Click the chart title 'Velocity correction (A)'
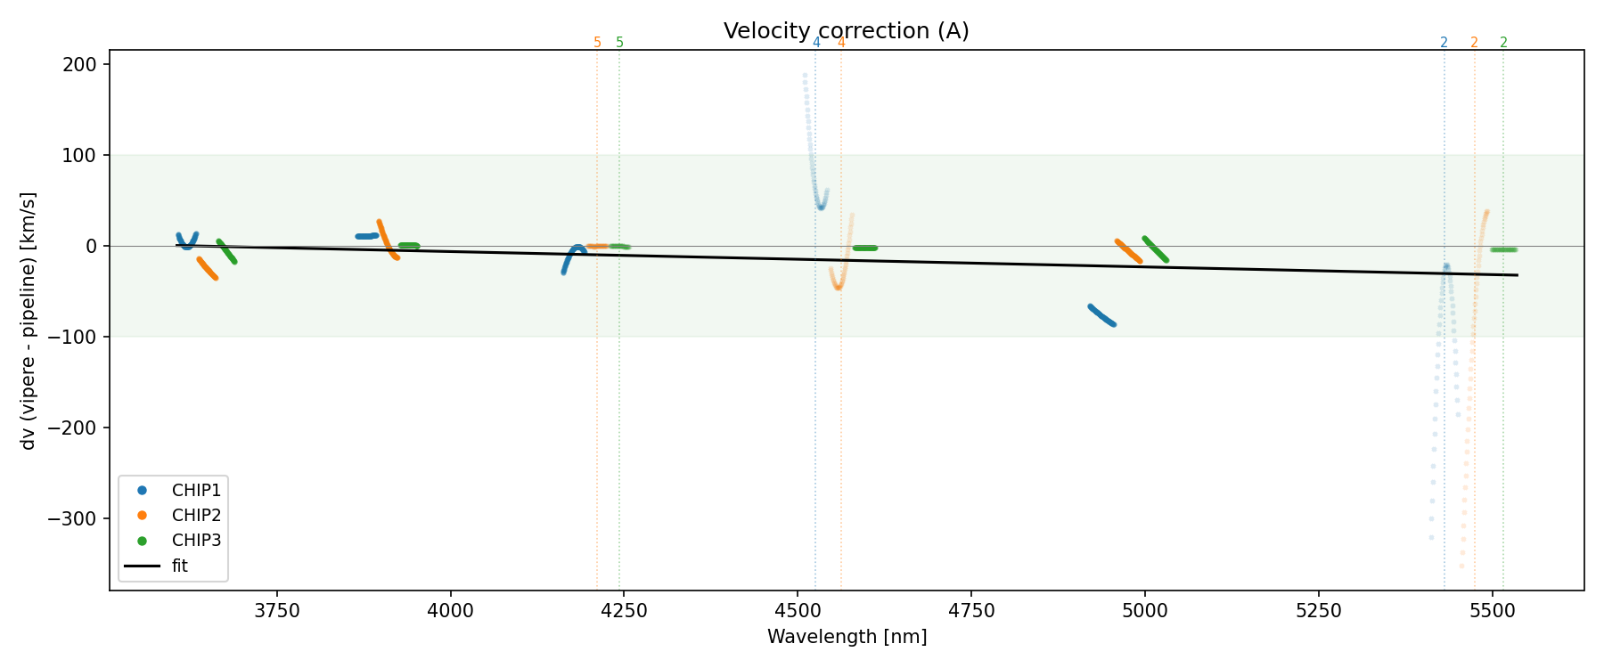click(x=846, y=31)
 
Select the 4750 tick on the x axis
click(x=971, y=611)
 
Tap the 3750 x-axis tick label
click(x=277, y=611)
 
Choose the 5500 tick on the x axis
click(x=1492, y=611)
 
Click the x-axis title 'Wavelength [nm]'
click(x=847, y=637)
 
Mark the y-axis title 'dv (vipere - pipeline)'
click(x=29, y=321)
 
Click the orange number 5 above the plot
click(x=597, y=43)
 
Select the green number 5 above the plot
click(x=620, y=43)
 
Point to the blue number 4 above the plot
click(x=816, y=43)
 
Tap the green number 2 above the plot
click(x=1503, y=43)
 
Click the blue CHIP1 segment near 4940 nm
click(x=1101, y=315)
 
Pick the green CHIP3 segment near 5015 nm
click(x=1156, y=249)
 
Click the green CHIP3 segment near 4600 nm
click(x=865, y=248)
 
